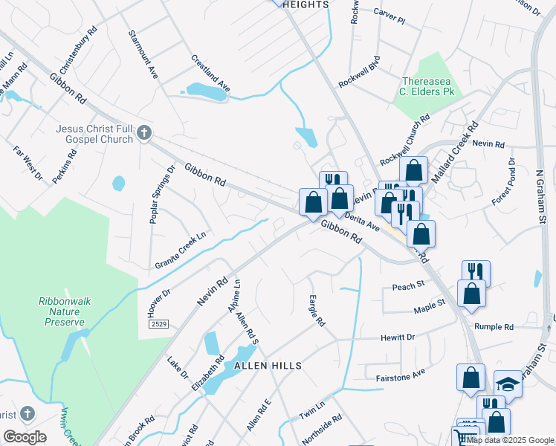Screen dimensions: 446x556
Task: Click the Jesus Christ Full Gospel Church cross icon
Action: pos(144,134)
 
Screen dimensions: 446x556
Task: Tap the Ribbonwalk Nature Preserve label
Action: pos(62,312)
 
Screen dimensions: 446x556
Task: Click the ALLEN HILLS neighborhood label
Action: pos(268,366)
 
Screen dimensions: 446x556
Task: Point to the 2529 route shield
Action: pos(158,325)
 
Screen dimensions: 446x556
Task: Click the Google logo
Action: pos(25,437)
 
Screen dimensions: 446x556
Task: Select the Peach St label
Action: pos(408,285)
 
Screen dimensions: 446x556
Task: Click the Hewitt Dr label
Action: pos(397,337)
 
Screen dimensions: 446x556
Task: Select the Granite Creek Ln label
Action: pos(180,251)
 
